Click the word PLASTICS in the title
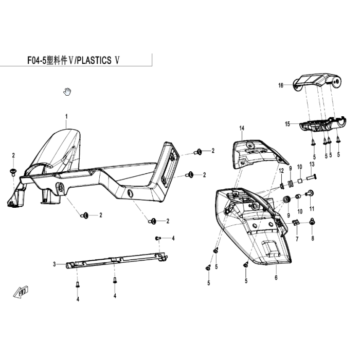(94, 61)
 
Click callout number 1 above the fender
(66, 117)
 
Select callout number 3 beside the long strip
(55, 264)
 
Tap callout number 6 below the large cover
(276, 278)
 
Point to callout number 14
(242, 128)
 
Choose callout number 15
(287, 124)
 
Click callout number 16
(281, 85)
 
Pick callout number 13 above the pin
(312, 164)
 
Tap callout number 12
(281, 171)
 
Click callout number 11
(312, 209)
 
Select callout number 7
(297, 239)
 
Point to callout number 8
(313, 238)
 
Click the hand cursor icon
(67, 92)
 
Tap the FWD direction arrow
(21, 292)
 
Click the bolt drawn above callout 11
(310, 193)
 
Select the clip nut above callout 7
(296, 222)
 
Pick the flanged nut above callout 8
(312, 221)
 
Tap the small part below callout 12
(282, 186)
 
